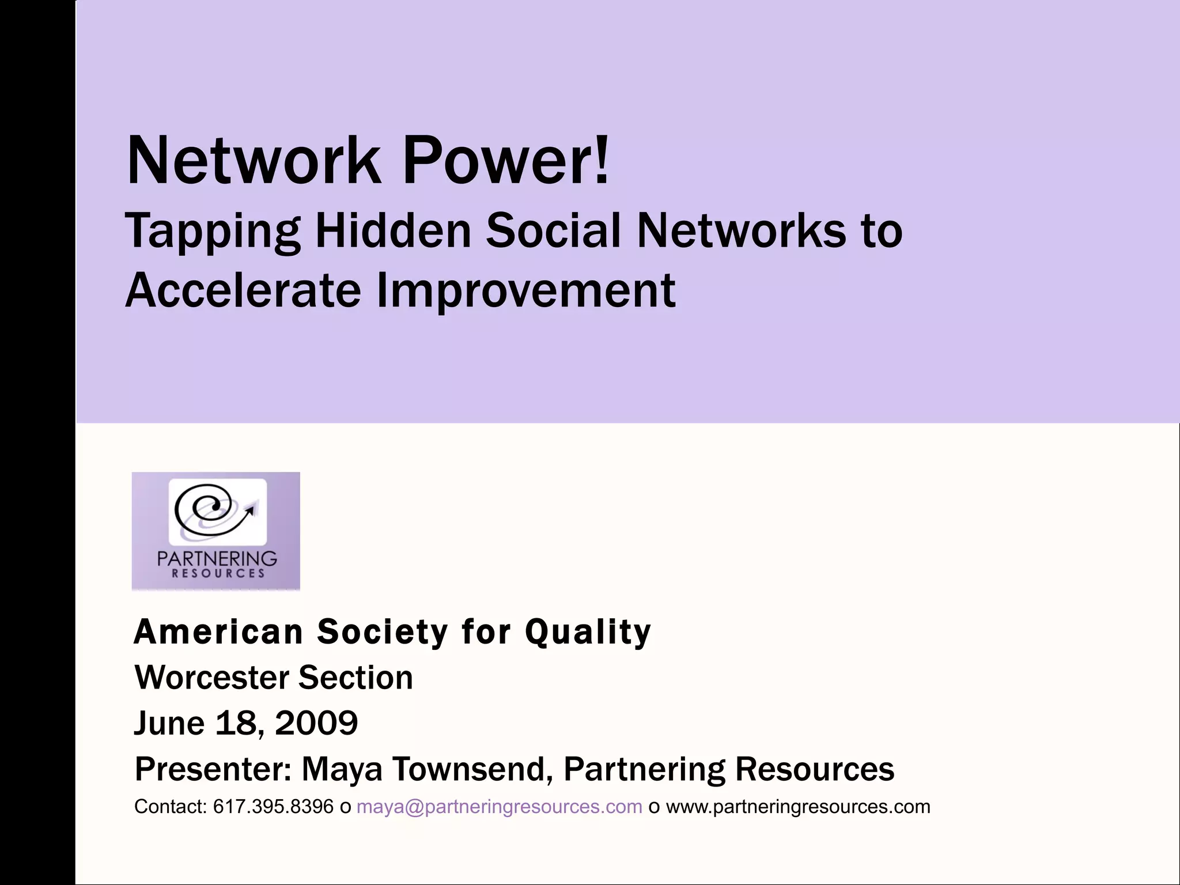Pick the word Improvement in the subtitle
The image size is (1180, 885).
[x=525, y=291]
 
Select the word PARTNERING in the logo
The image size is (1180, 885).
[x=217, y=558]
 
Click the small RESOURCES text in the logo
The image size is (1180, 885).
[x=218, y=573]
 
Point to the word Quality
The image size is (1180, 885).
[x=588, y=633]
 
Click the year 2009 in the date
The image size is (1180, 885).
[x=316, y=723]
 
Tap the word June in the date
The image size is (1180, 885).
[x=169, y=723]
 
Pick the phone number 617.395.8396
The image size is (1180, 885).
[x=273, y=807]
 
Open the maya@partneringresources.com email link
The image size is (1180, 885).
[x=499, y=807]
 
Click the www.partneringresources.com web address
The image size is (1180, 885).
[x=798, y=807]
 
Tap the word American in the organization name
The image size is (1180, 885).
[x=218, y=632]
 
